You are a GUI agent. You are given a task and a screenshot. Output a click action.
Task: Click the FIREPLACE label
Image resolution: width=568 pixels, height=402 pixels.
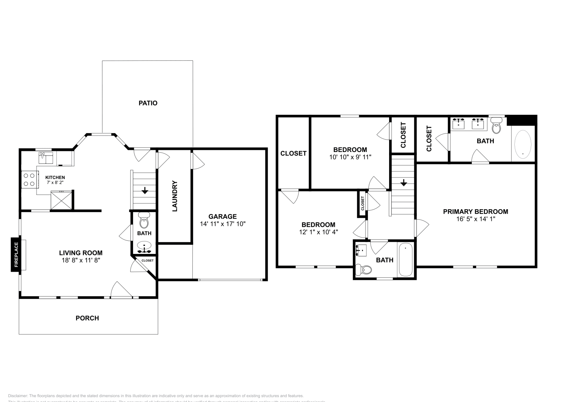pos(16,255)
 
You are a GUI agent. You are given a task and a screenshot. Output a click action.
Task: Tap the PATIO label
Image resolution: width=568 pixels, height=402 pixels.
pos(148,103)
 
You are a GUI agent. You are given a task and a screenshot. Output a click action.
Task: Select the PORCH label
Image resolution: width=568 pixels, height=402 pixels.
pos(87,318)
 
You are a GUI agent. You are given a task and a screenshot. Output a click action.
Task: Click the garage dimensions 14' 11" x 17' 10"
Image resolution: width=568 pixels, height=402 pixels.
pos(223,224)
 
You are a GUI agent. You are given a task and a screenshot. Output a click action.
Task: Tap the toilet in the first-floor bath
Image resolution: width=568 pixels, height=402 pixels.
pos(144,221)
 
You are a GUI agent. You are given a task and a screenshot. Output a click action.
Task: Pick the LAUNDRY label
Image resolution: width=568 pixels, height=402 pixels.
pos(175,196)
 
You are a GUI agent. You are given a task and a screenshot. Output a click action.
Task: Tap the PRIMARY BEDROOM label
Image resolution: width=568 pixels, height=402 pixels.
pos(475,212)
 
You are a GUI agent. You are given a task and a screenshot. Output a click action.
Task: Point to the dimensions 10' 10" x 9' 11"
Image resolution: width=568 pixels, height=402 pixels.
pos(350,157)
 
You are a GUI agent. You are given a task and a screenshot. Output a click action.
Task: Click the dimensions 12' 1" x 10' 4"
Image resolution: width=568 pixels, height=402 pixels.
pos(318,232)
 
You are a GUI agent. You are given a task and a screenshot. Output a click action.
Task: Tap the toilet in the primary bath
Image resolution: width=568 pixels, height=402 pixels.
pos(497,126)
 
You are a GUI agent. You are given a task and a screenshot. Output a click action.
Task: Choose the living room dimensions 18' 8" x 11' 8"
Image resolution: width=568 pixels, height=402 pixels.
pos(81,260)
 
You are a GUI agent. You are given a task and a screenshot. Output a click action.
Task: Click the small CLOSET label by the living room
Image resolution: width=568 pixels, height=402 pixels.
pos(147,260)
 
